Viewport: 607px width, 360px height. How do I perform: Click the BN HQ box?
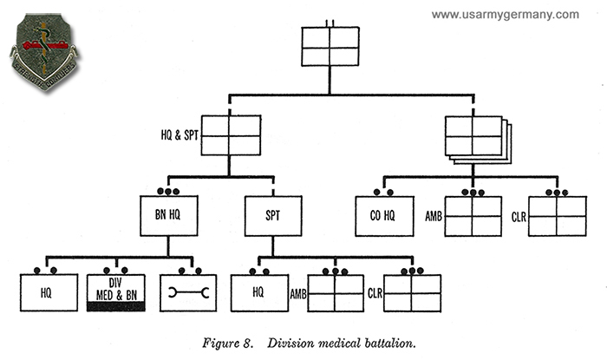[x=170, y=216]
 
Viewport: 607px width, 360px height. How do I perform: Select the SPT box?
[x=272, y=216]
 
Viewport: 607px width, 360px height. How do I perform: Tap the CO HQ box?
[x=386, y=216]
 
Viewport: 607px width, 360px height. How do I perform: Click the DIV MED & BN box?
[x=115, y=293]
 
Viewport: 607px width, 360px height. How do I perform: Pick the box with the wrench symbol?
[x=189, y=293]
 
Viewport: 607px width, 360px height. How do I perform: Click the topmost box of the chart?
[x=330, y=46]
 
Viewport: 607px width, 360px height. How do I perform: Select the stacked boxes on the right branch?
[x=475, y=136]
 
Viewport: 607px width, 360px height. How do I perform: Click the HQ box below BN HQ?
[x=46, y=293]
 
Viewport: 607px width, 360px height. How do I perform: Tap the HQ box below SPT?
[x=258, y=293]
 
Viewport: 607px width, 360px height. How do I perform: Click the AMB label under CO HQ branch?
[x=434, y=216]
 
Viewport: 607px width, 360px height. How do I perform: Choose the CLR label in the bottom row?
[x=375, y=293]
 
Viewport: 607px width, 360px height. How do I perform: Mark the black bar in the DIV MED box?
[x=115, y=306]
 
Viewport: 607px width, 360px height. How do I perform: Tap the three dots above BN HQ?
[x=170, y=192]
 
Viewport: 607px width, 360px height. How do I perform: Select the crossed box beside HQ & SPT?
[x=232, y=136]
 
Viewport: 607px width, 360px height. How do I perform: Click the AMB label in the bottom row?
[x=297, y=293]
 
